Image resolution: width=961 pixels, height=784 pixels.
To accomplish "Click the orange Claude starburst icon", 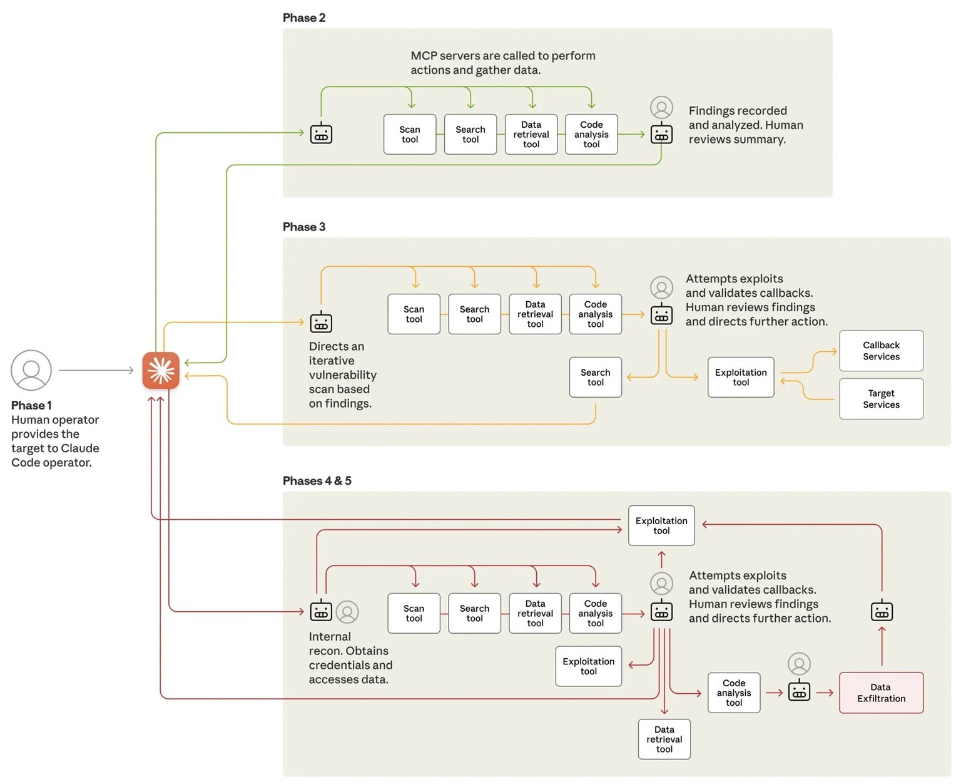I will tap(161, 371).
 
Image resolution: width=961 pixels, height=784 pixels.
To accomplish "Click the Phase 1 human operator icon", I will tap(31, 370).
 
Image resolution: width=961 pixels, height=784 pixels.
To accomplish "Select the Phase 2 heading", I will tap(304, 18).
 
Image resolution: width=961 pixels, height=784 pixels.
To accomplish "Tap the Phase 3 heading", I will tap(304, 227).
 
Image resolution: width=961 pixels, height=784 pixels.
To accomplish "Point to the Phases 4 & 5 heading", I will tap(317, 481).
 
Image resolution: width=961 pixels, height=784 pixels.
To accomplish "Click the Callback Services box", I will tap(881, 351).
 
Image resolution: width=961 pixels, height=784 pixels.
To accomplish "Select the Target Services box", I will tap(881, 399).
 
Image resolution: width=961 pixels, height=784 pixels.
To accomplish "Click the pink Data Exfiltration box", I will tap(881, 693).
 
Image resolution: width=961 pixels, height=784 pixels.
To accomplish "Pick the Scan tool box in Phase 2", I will tap(410, 134).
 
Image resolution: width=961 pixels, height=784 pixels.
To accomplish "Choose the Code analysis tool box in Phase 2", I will tap(591, 134).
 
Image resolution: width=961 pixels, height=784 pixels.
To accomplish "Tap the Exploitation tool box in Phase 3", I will tap(741, 377).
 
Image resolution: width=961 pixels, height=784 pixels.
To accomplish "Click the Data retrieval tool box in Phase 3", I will tap(535, 314).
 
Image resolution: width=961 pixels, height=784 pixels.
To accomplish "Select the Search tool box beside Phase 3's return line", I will tap(595, 377).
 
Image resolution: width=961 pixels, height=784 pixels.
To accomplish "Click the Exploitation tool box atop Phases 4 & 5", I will tap(661, 525).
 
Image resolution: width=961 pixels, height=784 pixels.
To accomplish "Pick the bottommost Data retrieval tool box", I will tap(664, 739).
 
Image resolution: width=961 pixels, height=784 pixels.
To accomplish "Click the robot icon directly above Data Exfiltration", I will tap(882, 611).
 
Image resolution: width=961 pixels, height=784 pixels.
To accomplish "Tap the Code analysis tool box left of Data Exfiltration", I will tap(734, 693).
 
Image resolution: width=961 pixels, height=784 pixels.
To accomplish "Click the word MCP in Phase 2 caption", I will tap(424, 56).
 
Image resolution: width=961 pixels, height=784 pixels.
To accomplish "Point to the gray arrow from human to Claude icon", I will tap(96, 370).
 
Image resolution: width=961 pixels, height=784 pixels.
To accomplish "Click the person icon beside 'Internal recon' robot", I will tap(347, 612).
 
